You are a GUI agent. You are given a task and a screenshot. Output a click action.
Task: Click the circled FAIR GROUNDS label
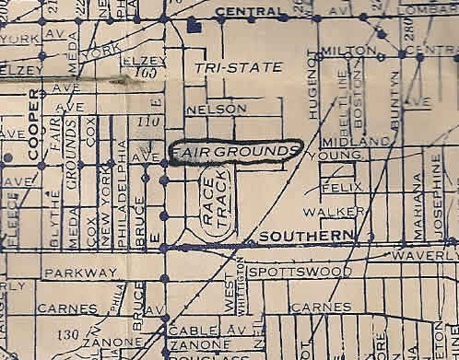pyautogui.click(x=236, y=150)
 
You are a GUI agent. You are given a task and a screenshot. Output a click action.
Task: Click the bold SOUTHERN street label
pyautogui.click(x=306, y=238)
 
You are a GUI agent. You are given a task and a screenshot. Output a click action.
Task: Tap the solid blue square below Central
pyautogui.click(x=192, y=27)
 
